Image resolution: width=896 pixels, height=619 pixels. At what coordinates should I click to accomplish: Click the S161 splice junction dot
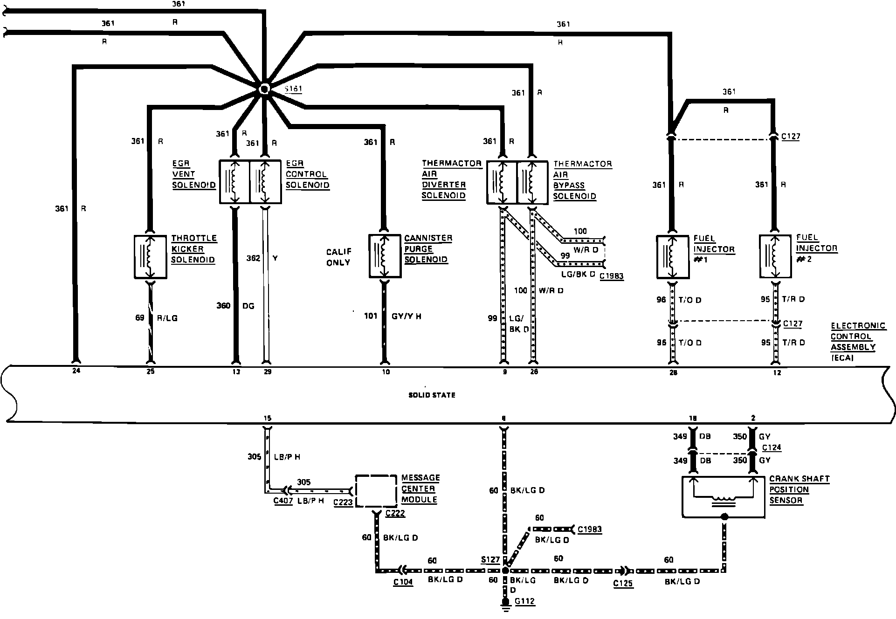point(264,89)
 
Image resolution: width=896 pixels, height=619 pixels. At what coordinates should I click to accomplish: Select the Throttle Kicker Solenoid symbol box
point(150,257)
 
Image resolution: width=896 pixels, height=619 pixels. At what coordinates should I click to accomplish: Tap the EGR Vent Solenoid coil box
point(234,182)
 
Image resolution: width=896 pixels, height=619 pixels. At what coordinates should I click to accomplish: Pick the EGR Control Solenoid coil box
point(265,182)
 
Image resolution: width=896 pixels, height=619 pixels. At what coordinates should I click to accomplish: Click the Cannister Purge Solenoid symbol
point(385,256)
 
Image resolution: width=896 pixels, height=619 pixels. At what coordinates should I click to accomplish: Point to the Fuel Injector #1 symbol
point(672,257)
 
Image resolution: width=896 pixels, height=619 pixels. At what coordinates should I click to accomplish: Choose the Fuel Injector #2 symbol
point(775,256)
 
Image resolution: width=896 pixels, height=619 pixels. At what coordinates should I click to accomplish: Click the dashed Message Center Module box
point(377,491)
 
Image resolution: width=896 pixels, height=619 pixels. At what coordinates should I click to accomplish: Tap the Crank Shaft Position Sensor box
point(723,497)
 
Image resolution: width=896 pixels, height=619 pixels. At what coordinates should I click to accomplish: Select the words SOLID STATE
point(432,395)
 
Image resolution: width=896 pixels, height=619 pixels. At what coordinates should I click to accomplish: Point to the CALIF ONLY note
point(339,257)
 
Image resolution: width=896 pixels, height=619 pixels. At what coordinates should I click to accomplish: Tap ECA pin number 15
point(267,418)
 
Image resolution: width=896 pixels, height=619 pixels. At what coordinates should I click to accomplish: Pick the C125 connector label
point(623,583)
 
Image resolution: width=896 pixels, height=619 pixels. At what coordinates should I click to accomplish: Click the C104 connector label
point(403,582)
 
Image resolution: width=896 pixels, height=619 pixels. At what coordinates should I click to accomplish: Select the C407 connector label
point(283,502)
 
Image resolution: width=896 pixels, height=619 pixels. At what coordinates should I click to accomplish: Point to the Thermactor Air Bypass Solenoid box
point(533,182)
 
